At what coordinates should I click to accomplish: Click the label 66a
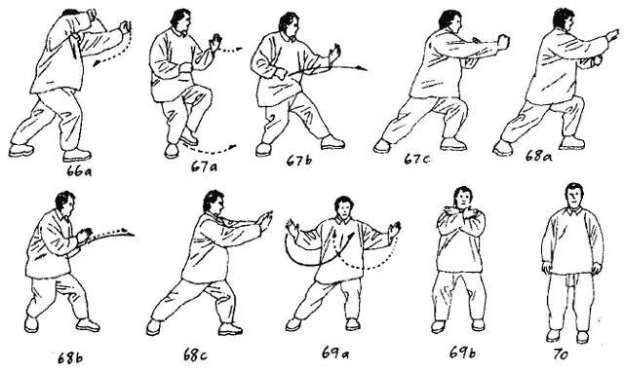(x=79, y=170)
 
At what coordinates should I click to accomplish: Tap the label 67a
(x=204, y=167)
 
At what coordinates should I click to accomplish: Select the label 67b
(x=299, y=161)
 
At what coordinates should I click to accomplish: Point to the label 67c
(x=416, y=160)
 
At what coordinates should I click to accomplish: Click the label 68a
(x=538, y=156)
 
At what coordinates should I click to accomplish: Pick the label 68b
(x=70, y=358)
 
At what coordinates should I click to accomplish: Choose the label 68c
(x=195, y=354)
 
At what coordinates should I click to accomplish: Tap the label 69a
(x=334, y=353)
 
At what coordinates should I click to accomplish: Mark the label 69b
(x=462, y=353)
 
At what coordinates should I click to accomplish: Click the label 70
(x=561, y=354)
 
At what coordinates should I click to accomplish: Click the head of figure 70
(x=574, y=196)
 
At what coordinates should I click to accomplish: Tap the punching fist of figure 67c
(x=503, y=42)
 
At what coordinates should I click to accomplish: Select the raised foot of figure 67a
(x=188, y=136)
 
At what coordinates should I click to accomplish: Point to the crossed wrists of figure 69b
(x=461, y=213)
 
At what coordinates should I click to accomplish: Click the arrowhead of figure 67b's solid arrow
(x=362, y=69)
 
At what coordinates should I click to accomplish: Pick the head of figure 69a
(x=344, y=206)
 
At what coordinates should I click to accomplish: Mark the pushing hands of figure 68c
(x=265, y=221)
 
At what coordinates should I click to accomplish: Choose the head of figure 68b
(x=65, y=204)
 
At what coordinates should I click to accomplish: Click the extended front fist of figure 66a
(x=126, y=27)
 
